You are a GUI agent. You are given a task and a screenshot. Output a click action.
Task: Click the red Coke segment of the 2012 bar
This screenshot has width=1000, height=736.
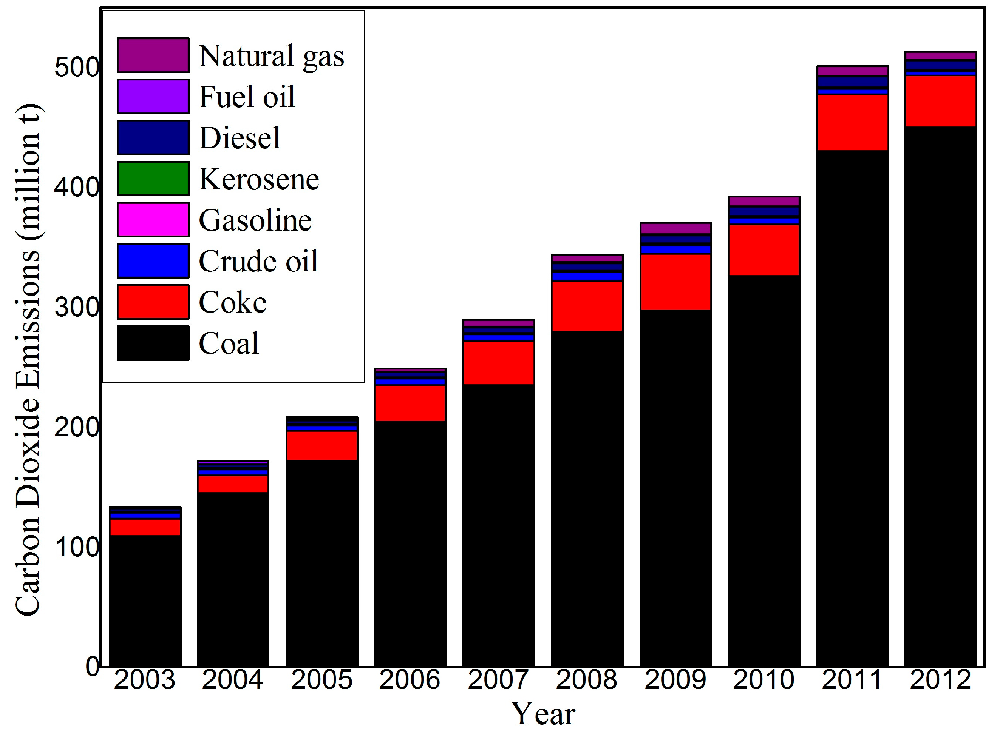coord(941,101)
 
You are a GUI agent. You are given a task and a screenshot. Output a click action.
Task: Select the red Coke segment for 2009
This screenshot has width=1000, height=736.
coord(675,282)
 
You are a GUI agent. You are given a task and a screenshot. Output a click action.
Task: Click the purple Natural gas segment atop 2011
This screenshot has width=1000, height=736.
coord(852,71)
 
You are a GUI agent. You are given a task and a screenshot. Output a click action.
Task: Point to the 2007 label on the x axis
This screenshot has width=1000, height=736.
coord(498,680)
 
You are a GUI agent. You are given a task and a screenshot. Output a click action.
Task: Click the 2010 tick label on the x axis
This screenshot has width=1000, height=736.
coord(763,680)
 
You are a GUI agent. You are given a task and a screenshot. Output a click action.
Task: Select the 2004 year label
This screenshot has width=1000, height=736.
coord(233,680)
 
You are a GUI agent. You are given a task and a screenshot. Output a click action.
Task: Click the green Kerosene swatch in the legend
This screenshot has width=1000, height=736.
coord(153,179)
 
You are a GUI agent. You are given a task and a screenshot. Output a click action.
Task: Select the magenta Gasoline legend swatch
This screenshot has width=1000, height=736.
coord(153,220)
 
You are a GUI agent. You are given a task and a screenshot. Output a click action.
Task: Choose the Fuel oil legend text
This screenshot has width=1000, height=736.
coord(247,97)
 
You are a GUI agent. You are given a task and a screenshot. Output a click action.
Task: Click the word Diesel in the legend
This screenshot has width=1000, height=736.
coord(240,138)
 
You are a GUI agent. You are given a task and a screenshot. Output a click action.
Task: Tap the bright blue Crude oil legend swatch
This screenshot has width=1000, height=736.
coord(153,261)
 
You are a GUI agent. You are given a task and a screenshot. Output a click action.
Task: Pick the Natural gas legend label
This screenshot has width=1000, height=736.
coord(271,56)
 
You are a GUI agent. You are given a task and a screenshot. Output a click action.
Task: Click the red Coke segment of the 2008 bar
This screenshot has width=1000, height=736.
coord(587,306)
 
